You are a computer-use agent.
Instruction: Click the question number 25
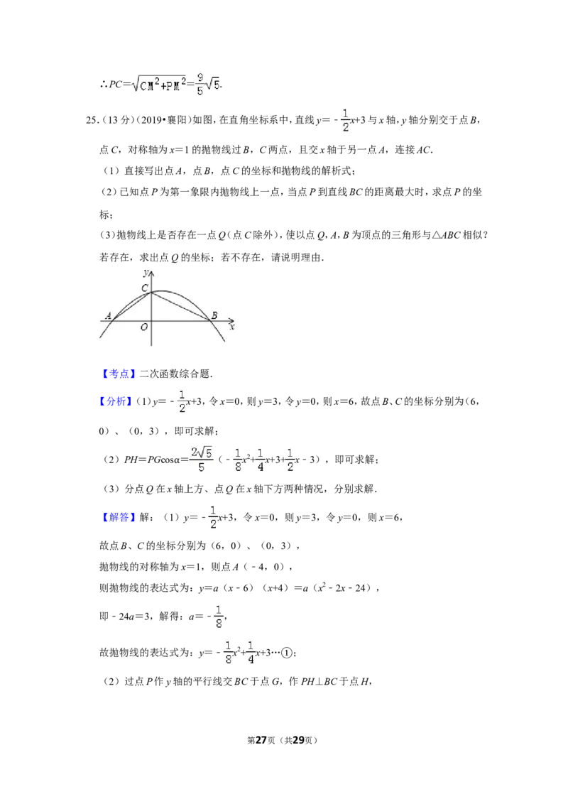[92, 121]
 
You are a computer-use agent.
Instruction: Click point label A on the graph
[108, 315]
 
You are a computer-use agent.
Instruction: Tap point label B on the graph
[214, 315]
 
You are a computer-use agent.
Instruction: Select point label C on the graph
[145, 288]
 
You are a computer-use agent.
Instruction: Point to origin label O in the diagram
[144, 327]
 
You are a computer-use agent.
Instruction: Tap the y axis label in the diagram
[146, 272]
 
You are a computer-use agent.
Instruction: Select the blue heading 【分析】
[116, 401]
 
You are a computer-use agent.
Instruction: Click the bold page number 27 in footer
[261, 740]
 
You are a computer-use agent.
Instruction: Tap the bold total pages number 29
[298, 740]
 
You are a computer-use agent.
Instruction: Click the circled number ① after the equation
[287, 653]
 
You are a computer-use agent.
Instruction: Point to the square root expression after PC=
[158, 84]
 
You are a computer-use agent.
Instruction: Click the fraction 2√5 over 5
[202, 460]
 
